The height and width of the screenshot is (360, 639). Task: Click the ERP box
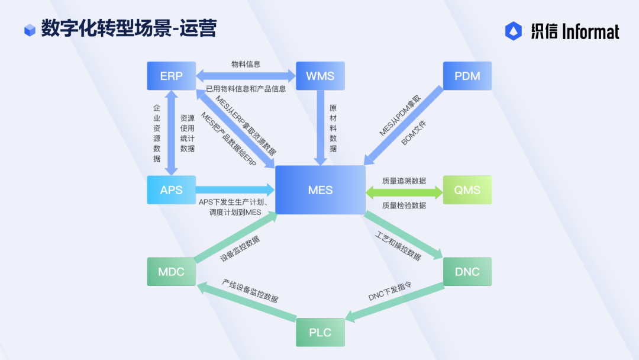(x=171, y=76)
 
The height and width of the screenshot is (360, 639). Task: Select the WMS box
(x=320, y=76)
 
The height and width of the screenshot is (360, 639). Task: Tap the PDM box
(x=467, y=76)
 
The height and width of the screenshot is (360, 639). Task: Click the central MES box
(x=320, y=190)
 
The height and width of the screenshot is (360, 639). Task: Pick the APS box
(x=171, y=190)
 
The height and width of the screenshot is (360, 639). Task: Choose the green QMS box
(x=467, y=190)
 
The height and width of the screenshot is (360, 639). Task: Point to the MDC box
(x=171, y=272)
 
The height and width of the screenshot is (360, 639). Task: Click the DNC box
(x=467, y=272)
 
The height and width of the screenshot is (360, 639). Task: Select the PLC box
(x=320, y=332)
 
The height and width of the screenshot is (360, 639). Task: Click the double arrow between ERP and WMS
(x=246, y=76)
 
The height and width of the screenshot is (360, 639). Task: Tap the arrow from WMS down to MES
(x=321, y=128)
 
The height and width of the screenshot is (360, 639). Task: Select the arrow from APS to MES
(x=235, y=189)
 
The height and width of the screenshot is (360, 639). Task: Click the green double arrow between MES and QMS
(x=404, y=192)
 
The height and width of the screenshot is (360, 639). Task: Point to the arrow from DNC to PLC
(x=394, y=303)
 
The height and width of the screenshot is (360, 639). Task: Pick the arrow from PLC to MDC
(x=247, y=302)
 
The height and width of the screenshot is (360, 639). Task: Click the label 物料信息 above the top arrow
(x=246, y=64)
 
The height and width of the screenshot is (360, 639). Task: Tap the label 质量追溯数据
(x=404, y=181)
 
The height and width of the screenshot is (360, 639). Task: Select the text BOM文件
(x=413, y=133)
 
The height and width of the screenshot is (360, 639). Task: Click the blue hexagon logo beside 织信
(x=514, y=31)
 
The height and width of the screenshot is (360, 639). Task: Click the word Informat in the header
(x=590, y=31)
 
